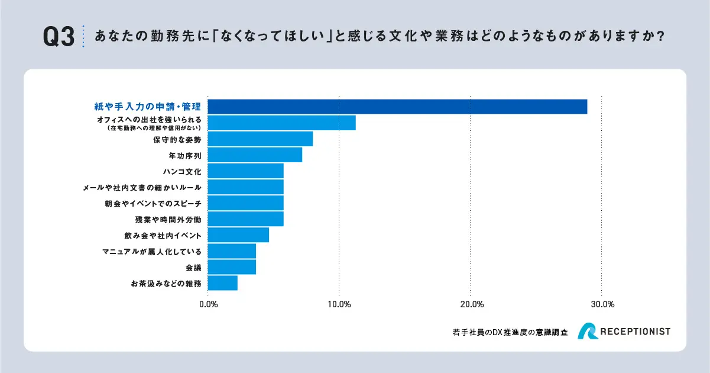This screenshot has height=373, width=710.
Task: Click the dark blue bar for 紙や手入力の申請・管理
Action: (x=397, y=107)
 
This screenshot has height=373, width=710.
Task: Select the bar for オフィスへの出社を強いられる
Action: (x=281, y=123)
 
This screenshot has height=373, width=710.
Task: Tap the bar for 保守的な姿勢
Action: (x=260, y=139)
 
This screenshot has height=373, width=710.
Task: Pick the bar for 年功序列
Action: (x=255, y=155)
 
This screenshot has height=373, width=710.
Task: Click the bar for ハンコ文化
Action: (x=245, y=171)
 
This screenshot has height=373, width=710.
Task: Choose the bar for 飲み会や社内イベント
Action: (x=238, y=235)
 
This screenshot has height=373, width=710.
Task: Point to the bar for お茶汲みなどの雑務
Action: (x=222, y=283)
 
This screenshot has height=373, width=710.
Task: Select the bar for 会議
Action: (x=232, y=267)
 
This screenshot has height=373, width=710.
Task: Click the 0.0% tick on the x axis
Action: (x=208, y=304)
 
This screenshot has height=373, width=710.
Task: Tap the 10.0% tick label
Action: (x=339, y=304)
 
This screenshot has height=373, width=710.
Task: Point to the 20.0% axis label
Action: (x=470, y=304)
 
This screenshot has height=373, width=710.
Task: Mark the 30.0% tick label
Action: (x=601, y=304)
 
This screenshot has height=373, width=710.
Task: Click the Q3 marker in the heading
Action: (x=59, y=37)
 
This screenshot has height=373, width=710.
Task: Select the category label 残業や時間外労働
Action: (x=168, y=220)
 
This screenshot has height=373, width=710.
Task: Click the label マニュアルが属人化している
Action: (x=152, y=252)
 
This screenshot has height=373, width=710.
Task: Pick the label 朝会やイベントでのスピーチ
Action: (x=152, y=204)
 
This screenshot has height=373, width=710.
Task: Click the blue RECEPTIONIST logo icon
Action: (x=588, y=332)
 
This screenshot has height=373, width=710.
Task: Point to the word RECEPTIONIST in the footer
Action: (x=636, y=332)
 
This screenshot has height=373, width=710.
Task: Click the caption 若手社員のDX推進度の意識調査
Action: (x=509, y=333)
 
